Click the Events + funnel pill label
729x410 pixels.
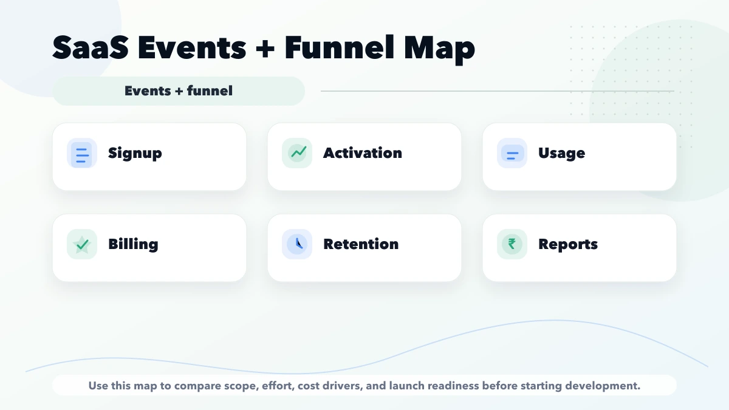tap(179, 91)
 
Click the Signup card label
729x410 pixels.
tap(135, 153)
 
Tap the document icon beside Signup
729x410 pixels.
tap(81, 153)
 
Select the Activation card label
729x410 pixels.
tap(362, 153)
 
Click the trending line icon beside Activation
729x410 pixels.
tap(297, 152)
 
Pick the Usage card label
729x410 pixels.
tap(561, 153)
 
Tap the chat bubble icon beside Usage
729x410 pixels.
tap(512, 154)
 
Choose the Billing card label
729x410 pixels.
tap(133, 244)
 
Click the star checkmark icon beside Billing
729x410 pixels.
tap(81, 244)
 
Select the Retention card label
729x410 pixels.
tap(361, 244)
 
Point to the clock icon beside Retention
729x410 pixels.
tap(297, 244)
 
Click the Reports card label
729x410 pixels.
tap(568, 244)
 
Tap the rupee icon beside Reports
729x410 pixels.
tap(512, 244)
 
